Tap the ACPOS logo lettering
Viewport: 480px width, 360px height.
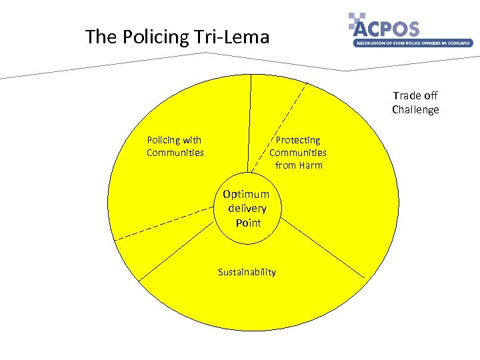click(387, 29)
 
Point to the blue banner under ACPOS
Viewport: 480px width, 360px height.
click(413, 43)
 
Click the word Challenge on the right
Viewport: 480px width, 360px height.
click(415, 110)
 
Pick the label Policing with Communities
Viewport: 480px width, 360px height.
click(175, 147)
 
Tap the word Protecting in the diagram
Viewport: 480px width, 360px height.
click(298, 140)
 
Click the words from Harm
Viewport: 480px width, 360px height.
click(298, 165)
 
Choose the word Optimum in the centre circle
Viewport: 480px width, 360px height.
click(246, 194)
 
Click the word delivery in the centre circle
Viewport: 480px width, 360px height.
click(247, 209)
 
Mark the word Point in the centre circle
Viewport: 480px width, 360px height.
click(248, 223)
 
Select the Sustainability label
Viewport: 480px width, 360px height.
click(247, 272)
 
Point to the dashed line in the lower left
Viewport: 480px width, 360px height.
click(167, 221)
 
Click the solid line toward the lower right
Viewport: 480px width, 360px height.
click(320, 247)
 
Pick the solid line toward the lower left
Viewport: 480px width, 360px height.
click(180, 250)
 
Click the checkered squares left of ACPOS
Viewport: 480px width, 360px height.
click(357, 22)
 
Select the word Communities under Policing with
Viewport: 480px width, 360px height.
click(175, 153)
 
